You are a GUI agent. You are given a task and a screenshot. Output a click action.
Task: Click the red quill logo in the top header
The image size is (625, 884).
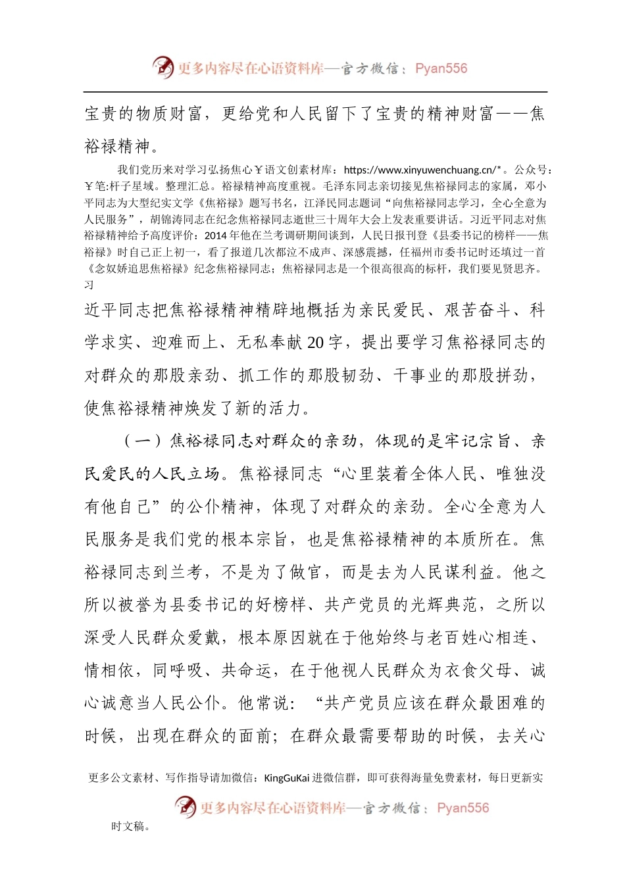[162, 67]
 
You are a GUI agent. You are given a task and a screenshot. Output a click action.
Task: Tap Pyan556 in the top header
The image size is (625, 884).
[441, 68]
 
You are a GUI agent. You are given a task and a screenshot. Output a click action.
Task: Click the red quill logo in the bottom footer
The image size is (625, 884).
[185, 806]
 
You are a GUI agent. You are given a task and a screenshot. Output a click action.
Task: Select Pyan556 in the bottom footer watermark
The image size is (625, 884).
[463, 808]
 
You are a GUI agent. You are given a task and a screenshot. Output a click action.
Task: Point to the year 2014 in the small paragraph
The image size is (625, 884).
[216, 235]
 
